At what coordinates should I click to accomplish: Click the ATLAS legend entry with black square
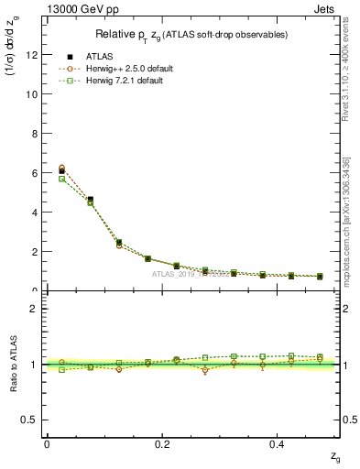(x=98, y=56)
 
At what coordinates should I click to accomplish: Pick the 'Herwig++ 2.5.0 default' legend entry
(x=129, y=69)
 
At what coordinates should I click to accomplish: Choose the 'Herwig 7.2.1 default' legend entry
(x=125, y=82)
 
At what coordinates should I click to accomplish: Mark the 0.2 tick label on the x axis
(x=162, y=444)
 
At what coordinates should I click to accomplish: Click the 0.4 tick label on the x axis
(x=278, y=444)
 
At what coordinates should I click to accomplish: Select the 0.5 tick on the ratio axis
(x=28, y=420)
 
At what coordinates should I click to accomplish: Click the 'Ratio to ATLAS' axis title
(x=12, y=364)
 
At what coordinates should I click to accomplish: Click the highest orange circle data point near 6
(x=61, y=168)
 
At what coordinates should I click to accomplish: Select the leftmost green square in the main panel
(x=61, y=179)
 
